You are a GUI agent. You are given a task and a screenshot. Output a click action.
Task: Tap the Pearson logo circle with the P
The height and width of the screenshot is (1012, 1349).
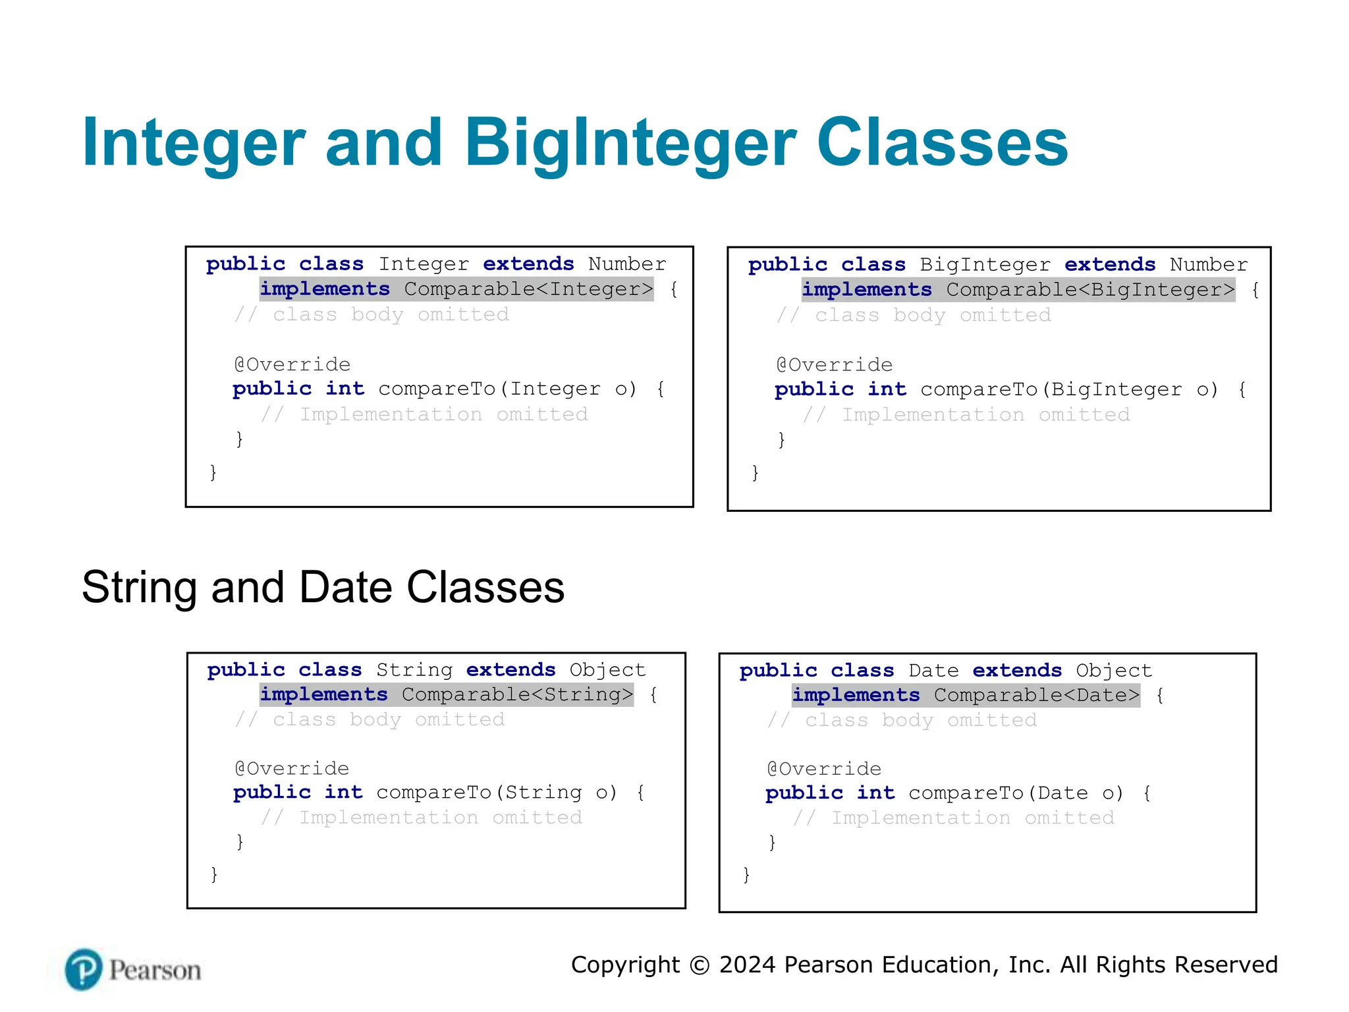pos(84,969)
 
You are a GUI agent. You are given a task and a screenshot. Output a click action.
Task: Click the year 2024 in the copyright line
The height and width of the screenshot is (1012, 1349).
pos(748,965)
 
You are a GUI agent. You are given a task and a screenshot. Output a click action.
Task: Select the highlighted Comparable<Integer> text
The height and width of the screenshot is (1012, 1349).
pos(528,289)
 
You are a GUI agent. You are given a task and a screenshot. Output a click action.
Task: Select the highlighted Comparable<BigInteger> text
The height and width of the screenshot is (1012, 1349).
pos(1090,290)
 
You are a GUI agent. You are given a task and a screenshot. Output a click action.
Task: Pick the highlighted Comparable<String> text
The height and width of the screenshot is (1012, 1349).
pos(517,694)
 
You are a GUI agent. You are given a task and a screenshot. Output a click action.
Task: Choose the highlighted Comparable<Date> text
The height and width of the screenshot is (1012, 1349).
pos(1036,695)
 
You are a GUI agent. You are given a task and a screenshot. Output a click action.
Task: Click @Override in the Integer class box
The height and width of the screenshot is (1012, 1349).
pos(292,364)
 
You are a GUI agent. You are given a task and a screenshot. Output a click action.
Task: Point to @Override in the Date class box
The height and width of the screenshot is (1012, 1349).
pos(824,769)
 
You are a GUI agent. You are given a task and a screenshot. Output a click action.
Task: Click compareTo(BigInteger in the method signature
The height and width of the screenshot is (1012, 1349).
pos(1051,389)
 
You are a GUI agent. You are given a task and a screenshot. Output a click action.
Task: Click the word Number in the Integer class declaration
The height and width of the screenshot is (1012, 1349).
pos(627,264)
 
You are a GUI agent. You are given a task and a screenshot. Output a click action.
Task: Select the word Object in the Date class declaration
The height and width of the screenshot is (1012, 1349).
pos(1114,671)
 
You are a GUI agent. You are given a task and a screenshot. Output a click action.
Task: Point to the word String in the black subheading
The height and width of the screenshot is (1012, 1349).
pos(139,587)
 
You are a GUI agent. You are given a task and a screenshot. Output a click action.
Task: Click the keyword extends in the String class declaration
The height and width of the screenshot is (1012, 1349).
pos(510,670)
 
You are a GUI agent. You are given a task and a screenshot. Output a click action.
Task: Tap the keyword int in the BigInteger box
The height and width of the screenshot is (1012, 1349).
pos(887,389)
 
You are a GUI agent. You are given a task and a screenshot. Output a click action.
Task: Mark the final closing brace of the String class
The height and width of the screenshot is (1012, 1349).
pos(214,874)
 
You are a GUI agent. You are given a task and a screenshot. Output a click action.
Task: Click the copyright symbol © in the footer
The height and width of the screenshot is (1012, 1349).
pos(700,965)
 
